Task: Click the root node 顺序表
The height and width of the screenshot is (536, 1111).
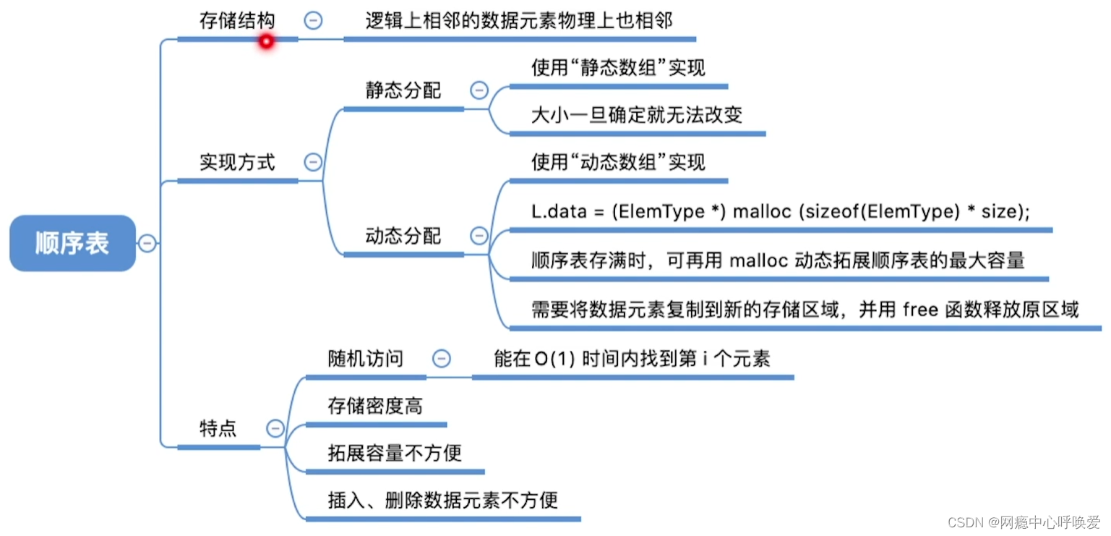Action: tap(72, 243)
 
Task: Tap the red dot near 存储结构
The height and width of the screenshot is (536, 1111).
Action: tap(266, 42)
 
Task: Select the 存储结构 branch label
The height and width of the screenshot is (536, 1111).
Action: tap(237, 20)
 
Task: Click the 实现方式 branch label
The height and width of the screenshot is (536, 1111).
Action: tap(237, 162)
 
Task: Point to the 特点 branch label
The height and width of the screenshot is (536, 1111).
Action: tap(218, 428)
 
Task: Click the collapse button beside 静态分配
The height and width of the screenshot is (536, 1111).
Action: tap(479, 90)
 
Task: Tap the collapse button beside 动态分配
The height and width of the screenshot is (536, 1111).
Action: tap(479, 235)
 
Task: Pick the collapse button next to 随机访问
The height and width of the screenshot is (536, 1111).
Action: tap(441, 358)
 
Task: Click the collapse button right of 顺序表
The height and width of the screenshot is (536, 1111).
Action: tap(147, 243)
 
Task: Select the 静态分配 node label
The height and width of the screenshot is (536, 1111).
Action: tap(403, 91)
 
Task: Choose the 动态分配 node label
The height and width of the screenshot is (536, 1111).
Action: tap(403, 236)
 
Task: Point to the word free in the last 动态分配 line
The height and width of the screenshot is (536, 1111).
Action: tap(920, 310)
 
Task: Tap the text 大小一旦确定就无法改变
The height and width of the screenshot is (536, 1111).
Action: tap(636, 115)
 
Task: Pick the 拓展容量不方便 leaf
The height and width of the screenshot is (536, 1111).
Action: tap(394, 454)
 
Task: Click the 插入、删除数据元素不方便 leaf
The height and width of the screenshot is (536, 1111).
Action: tap(442, 500)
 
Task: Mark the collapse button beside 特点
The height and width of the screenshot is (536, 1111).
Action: tap(275, 428)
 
